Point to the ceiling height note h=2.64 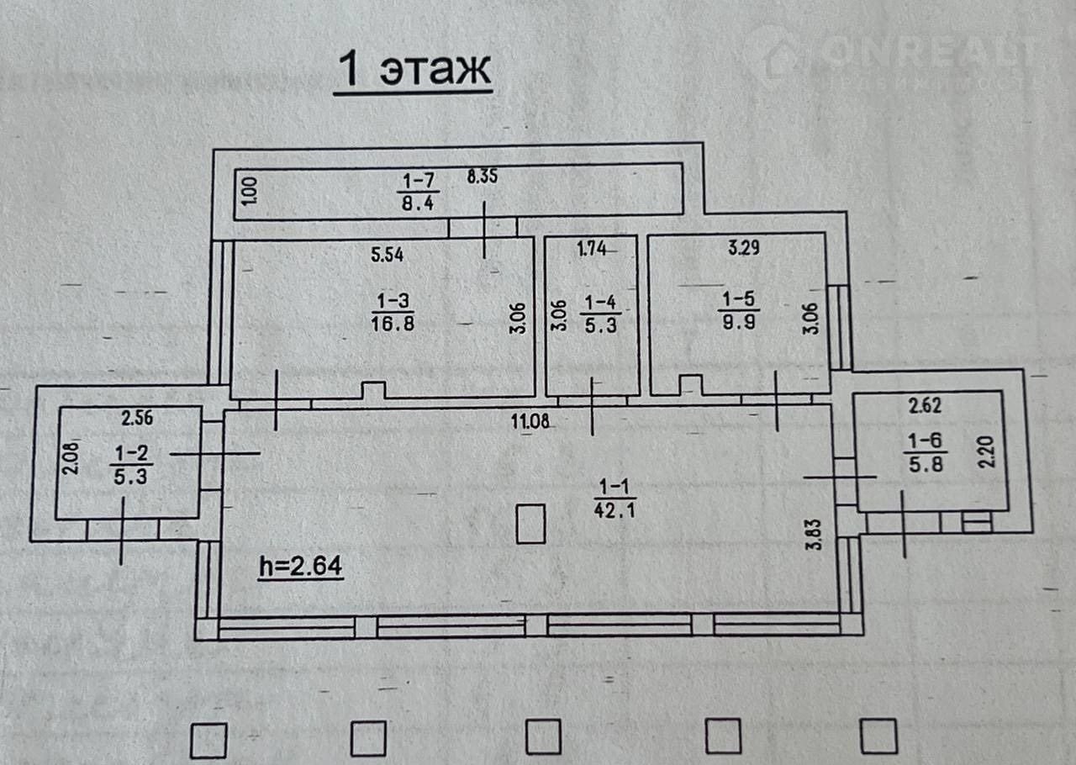tap(300, 567)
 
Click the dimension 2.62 tap(925, 406)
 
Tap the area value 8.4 tap(418, 203)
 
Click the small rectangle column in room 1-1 tap(530, 523)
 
